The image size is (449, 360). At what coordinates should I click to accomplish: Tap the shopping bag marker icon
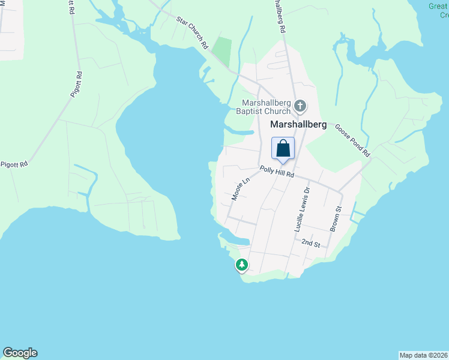click(283, 148)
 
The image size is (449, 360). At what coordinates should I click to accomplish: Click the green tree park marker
click(241, 265)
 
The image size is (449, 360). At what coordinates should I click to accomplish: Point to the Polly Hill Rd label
click(277, 172)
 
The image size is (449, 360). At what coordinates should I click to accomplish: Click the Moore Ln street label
click(240, 189)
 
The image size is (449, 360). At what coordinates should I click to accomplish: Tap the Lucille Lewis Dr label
click(301, 209)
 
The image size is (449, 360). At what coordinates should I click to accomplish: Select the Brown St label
click(336, 219)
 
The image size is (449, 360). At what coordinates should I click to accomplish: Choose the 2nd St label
click(311, 243)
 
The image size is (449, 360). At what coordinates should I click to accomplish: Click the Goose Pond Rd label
click(353, 140)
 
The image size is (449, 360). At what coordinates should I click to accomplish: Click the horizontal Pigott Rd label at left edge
click(14, 164)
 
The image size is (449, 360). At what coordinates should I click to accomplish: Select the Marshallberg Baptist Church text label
click(267, 106)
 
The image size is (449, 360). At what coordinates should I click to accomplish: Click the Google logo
click(20, 353)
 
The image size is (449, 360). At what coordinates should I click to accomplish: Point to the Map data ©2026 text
click(423, 355)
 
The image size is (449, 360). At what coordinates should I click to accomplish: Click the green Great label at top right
click(438, 6)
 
